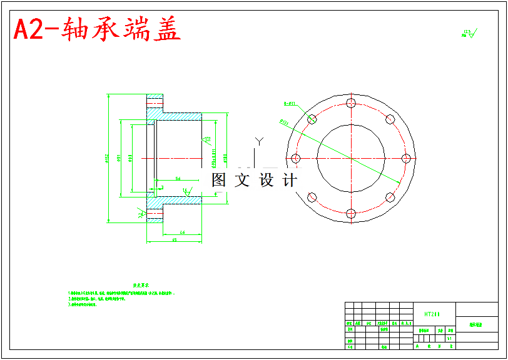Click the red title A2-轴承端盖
[98, 29]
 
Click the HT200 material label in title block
[432, 314]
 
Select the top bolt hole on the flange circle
[351, 103]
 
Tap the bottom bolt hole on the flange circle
[351, 214]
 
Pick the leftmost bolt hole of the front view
[296, 158]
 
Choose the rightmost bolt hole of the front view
[406, 158]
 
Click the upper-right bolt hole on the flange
[390, 119]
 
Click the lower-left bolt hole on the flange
[312, 197]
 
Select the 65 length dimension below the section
[174, 240]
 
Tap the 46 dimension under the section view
[182, 232]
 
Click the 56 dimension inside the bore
[178, 179]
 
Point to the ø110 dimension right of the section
[225, 157]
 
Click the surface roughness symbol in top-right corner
[469, 33]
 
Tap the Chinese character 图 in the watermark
[218, 181]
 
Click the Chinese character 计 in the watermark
[290, 181]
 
